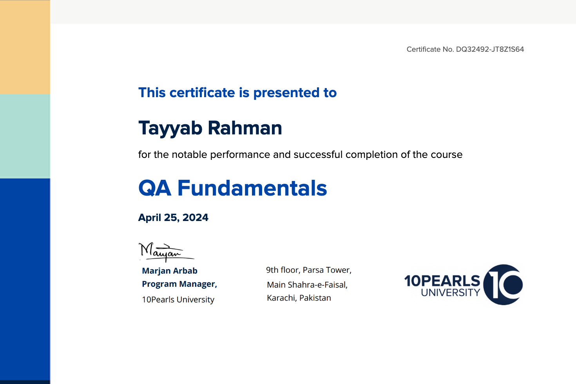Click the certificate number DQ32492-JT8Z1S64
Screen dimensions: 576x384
point(490,49)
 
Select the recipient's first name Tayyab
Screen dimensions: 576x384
point(170,129)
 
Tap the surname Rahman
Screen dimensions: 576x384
point(245,128)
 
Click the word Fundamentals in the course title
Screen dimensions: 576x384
point(252,188)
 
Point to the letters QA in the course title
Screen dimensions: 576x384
point(154,188)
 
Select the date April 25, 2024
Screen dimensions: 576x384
point(173,217)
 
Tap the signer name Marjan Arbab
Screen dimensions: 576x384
point(170,271)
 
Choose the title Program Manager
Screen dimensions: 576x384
point(179,284)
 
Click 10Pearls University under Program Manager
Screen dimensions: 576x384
point(178,299)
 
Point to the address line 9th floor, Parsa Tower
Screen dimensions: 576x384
point(309,270)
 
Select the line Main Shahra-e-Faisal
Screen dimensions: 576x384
point(307,285)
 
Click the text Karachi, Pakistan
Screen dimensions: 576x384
point(299,298)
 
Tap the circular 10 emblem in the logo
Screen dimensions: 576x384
point(503,285)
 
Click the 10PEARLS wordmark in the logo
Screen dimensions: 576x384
point(442,281)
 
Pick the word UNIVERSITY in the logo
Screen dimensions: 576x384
point(451,292)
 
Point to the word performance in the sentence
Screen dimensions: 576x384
point(240,155)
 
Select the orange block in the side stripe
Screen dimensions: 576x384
point(25,47)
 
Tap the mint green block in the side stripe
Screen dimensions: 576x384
point(25,136)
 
